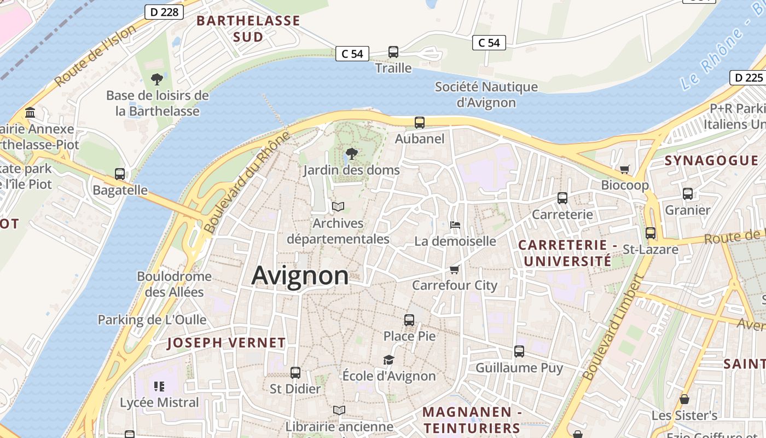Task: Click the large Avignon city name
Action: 300,275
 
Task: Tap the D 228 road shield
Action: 164,11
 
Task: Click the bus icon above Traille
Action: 393,52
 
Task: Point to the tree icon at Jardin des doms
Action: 352,154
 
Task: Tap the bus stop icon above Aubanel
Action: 420,123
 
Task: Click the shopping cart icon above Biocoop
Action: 624,169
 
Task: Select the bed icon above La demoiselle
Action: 455,224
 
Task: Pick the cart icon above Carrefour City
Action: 454,269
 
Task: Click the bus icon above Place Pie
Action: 409,320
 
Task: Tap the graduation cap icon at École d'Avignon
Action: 388,360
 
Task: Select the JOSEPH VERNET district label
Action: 226,343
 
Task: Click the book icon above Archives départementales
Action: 338,207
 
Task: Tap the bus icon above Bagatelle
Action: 120,174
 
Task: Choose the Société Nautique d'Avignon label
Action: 486,95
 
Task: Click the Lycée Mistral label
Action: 159,402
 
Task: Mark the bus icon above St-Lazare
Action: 650,233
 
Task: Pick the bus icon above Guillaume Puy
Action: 519,351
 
